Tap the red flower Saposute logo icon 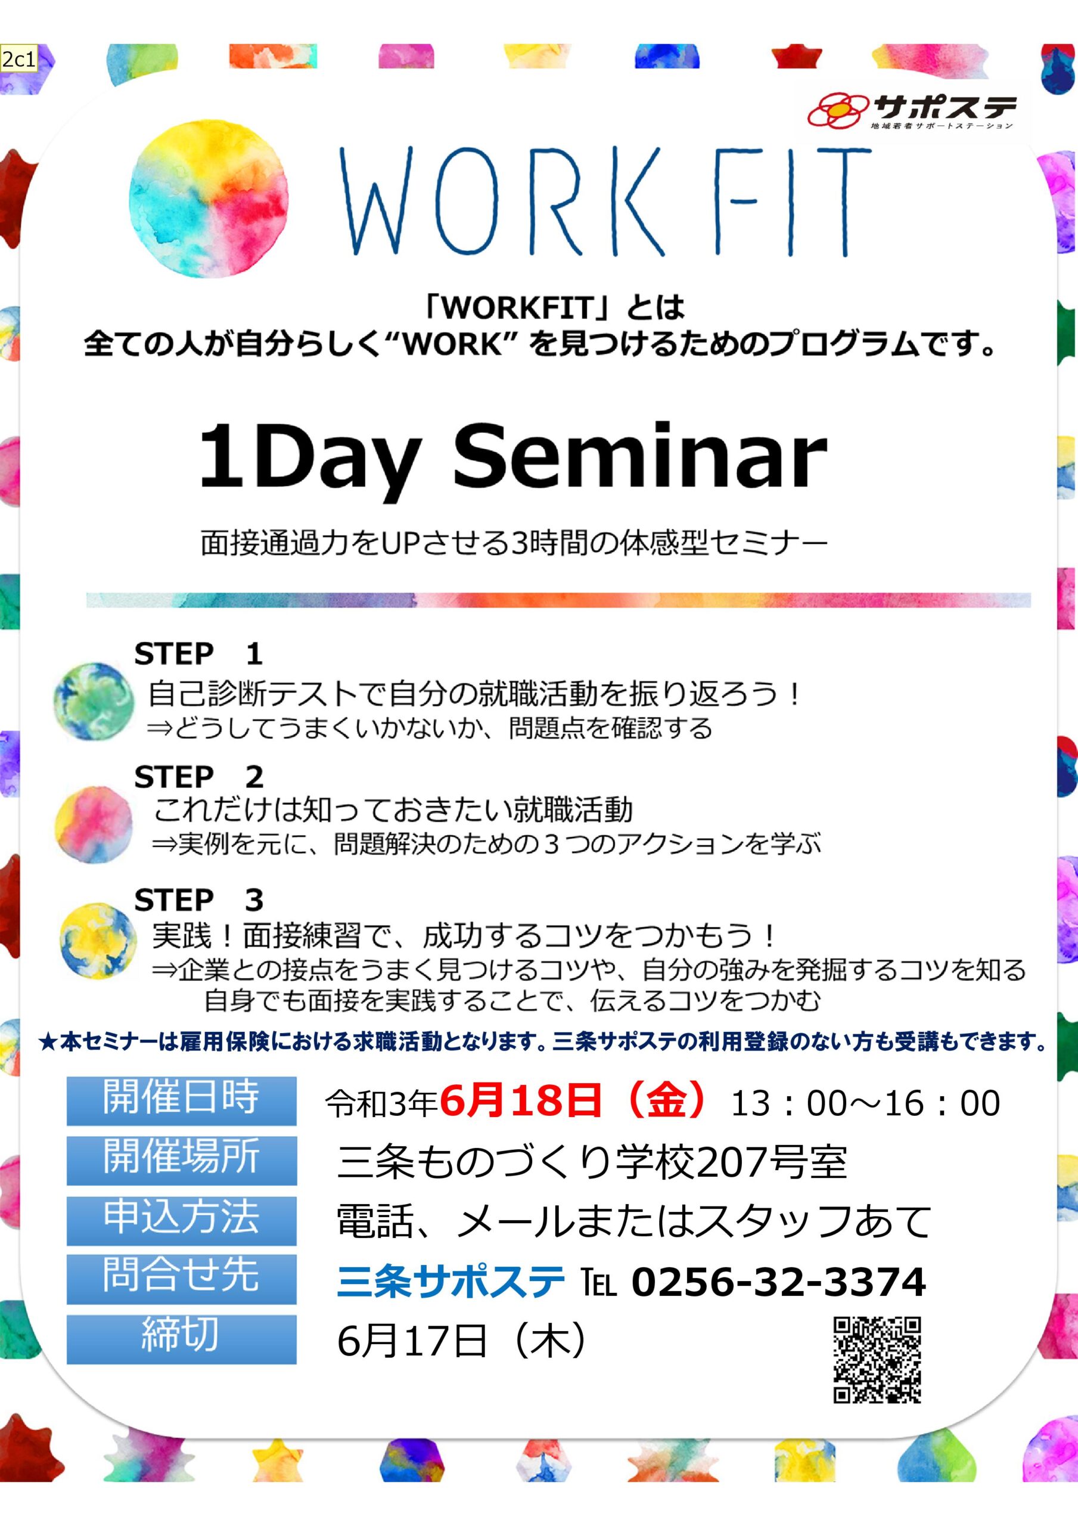[838, 109]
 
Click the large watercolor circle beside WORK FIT [209, 198]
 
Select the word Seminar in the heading [641, 457]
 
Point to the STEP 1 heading [198, 654]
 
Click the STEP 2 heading [198, 777]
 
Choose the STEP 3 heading [198, 900]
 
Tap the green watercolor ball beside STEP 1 [94, 700]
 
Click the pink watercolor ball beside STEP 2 [94, 823]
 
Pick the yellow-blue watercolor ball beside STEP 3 [98, 941]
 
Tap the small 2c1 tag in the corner [18, 60]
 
